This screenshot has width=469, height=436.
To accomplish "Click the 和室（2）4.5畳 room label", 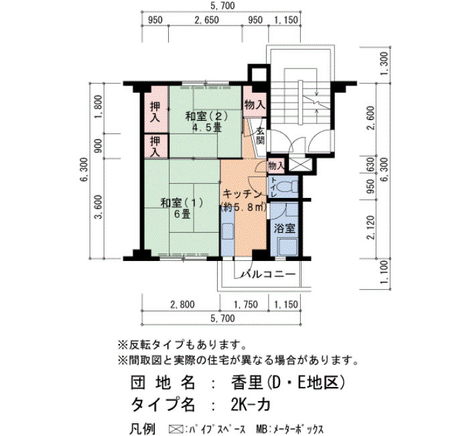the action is [207, 122].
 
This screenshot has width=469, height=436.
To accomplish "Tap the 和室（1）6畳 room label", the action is [182, 208].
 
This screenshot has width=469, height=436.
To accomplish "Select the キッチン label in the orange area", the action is [243, 195].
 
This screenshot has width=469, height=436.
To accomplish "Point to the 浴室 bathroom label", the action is [285, 229].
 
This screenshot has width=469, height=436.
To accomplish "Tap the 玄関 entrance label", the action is [261, 135].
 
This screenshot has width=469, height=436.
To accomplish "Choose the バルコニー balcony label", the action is [269, 274].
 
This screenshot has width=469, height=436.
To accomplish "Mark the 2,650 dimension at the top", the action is [206, 20].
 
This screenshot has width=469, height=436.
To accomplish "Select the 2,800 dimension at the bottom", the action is [182, 305].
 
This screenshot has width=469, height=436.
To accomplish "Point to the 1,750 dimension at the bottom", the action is [246, 305].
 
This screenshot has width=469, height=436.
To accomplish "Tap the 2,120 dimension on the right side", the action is [371, 227].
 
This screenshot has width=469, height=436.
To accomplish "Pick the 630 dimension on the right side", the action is [371, 164].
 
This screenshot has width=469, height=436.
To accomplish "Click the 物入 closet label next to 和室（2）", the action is [255, 105].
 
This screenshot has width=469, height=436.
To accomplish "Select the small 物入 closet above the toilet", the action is [276, 166].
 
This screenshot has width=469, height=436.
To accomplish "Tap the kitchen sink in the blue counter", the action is [228, 231].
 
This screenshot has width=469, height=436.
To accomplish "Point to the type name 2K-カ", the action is [251, 405].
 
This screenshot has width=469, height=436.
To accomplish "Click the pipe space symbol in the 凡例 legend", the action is [176, 429].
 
